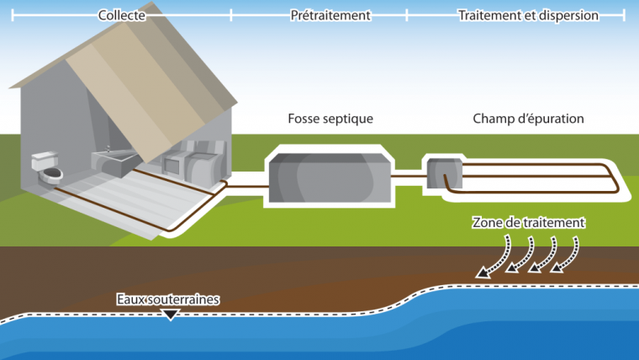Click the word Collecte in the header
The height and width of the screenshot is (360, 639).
[123, 15]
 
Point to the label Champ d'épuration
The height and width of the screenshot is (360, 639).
[528, 119]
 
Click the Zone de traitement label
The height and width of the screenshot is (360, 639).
[528, 224]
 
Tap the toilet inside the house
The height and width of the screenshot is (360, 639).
[49, 170]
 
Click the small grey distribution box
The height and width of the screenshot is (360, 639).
[443, 172]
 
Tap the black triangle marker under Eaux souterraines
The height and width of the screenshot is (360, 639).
[171, 315]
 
